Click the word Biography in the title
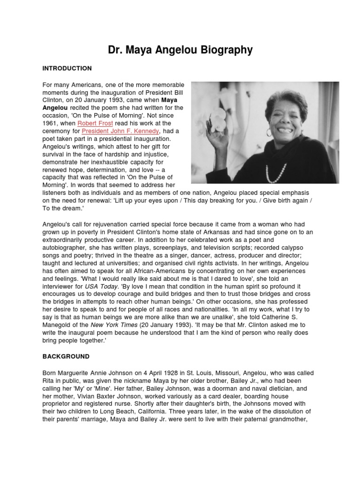click(223, 50)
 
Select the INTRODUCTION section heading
click(67, 68)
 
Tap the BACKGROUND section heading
click(66, 357)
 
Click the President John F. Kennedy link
click(120, 131)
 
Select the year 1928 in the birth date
click(165, 373)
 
